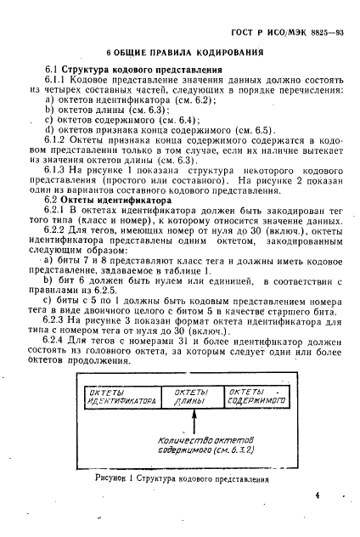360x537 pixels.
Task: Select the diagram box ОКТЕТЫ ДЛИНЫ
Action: click(x=192, y=395)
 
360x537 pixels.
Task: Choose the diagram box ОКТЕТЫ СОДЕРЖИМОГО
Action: click(x=256, y=395)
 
